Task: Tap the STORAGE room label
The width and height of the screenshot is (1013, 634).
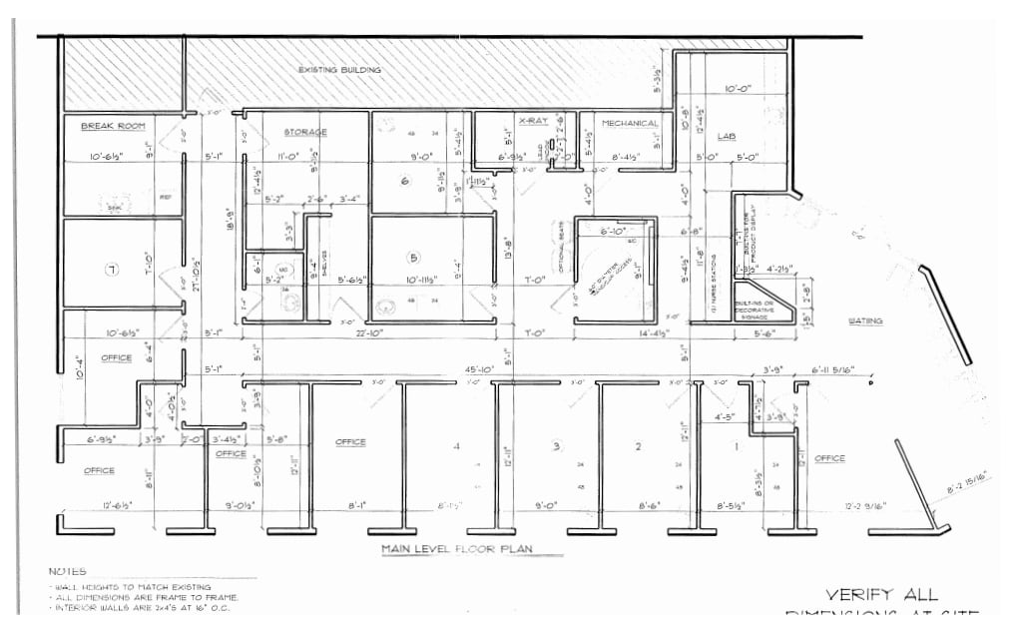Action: point(305,132)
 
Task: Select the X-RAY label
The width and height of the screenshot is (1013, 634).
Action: point(533,121)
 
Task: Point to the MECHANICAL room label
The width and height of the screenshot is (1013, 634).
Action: point(630,124)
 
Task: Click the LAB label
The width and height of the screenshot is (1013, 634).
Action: point(726,135)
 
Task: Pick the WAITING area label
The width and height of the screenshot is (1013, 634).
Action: point(865,320)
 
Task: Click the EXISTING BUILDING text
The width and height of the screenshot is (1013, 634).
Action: point(340,70)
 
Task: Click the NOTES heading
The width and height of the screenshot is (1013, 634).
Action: point(67,570)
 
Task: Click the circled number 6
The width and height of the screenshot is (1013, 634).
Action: point(405,181)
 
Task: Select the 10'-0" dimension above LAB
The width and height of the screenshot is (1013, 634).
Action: point(739,87)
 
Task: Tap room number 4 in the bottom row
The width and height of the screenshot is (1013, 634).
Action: point(456,445)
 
